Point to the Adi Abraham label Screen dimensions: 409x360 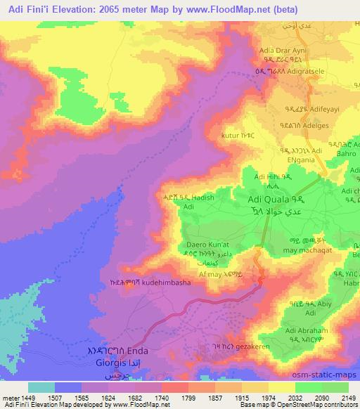click(x=308, y=330)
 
